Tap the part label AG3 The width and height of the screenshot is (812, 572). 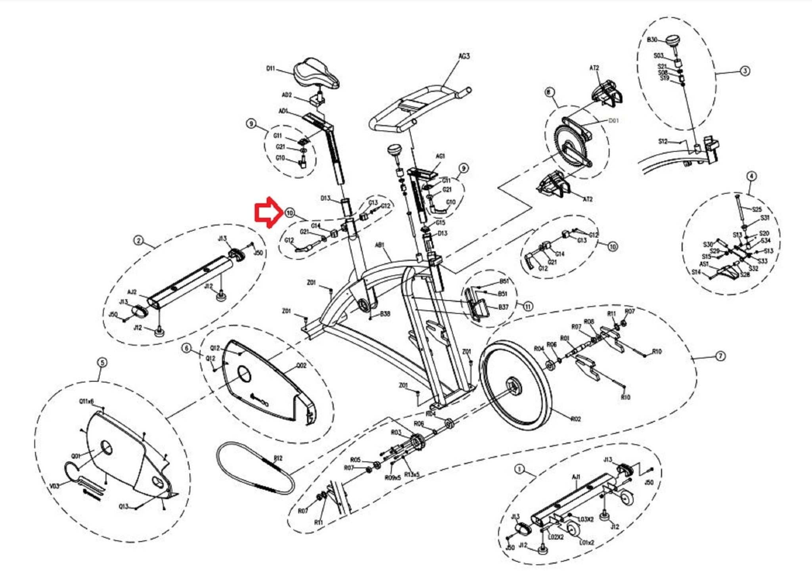464,56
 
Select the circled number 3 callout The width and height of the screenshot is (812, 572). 745,71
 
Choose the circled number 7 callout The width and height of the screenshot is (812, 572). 720,356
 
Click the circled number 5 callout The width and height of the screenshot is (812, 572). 102,363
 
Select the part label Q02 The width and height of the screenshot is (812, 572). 301,365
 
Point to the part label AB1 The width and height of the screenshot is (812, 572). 379,245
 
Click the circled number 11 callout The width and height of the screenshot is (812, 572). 528,306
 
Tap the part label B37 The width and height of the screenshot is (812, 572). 503,307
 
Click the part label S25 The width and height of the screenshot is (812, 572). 756,209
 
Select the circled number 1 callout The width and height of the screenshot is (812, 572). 519,469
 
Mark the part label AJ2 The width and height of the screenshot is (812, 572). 132,292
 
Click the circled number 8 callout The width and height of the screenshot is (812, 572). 549,92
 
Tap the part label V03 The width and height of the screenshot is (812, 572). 54,486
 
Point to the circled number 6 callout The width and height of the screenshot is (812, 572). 187,348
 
